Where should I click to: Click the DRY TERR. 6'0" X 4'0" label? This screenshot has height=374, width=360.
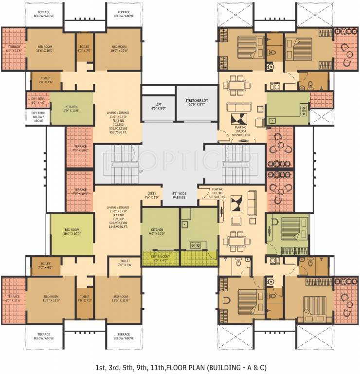(x=38, y=100)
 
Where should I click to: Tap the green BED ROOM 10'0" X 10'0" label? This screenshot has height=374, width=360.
(x=72, y=232)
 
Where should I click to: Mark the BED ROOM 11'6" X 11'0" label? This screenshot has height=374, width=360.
(x=51, y=299)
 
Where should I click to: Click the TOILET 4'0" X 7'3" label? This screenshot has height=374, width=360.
(x=84, y=299)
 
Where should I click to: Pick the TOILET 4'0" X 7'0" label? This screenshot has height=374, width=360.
(x=84, y=48)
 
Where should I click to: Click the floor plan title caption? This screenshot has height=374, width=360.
(x=180, y=366)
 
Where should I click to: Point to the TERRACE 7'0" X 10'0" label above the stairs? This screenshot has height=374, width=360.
(x=80, y=148)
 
